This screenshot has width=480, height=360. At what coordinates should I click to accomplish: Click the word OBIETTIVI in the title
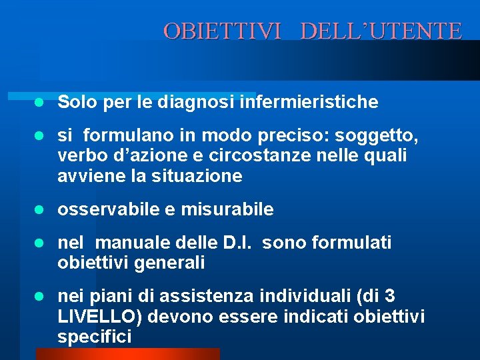pyautogui.click(x=223, y=31)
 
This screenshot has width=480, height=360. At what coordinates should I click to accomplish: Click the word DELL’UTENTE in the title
pyautogui.click(x=381, y=31)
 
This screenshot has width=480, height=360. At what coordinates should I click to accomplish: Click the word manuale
pyautogui.click(x=129, y=243)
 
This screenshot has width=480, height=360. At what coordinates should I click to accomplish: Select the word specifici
pyautogui.click(x=94, y=337)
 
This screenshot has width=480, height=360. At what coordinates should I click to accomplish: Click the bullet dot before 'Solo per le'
pyautogui.click(x=39, y=103)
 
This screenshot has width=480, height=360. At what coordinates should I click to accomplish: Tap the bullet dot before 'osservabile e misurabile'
pyautogui.click(x=39, y=210)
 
